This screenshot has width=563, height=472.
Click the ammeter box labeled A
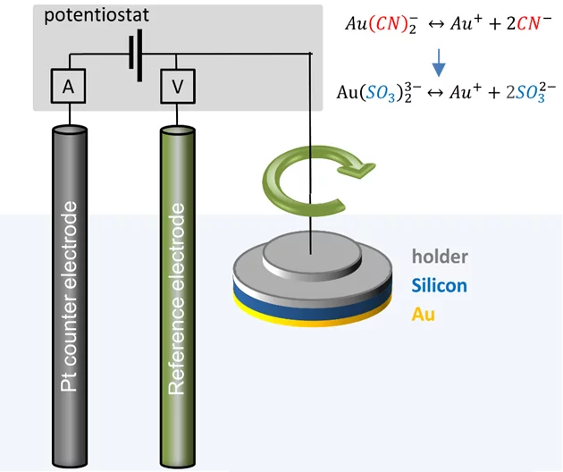pos(68,87)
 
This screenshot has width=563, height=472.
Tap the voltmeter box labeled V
pos(176,87)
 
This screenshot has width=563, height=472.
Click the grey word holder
pos(440,257)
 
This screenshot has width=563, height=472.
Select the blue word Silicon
pos(440,286)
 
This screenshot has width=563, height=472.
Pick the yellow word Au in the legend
pos(424,315)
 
